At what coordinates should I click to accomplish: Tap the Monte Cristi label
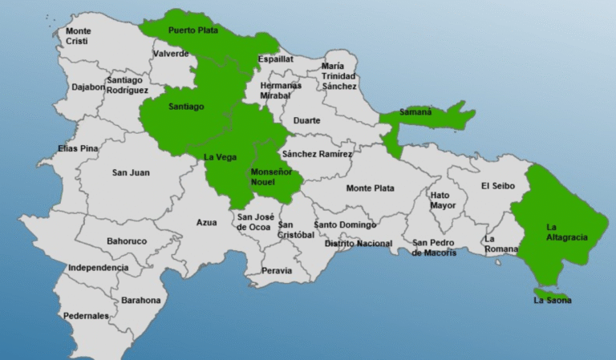[x=78, y=36]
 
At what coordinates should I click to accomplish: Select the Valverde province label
[x=171, y=54]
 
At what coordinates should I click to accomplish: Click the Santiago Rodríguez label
[x=127, y=85]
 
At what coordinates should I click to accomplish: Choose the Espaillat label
[x=275, y=59]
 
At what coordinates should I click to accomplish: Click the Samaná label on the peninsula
[x=416, y=112]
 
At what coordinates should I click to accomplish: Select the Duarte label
[x=306, y=120]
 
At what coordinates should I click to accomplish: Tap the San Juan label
[x=131, y=172]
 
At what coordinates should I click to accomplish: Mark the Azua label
[x=207, y=223]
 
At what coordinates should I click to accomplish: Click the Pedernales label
[x=86, y=316]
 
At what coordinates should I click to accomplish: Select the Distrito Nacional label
[x=358, y=243]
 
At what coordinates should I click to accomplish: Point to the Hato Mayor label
[x=442, y=200]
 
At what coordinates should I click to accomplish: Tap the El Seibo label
[x=496, y=186]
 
